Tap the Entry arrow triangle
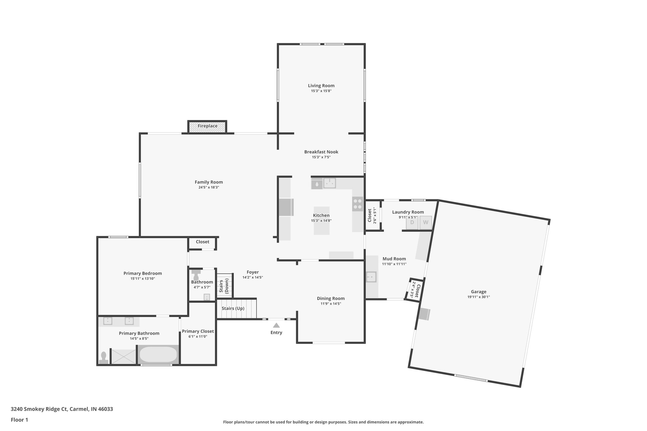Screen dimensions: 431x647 (276, 325)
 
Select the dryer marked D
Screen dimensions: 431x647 (412, 222)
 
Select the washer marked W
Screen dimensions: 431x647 (426, 222)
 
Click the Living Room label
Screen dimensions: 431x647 (321, 86)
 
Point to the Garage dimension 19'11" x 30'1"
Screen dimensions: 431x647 (478, 297)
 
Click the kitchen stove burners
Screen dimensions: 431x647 (358, 204)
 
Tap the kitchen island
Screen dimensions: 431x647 (321, 220)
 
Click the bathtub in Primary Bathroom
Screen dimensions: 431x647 (158, 355)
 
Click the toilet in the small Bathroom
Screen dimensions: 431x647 (196, 275)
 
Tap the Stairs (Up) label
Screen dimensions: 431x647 (233, 308)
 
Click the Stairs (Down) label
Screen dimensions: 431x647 (224, 286)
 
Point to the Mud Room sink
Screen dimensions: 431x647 (371, 277)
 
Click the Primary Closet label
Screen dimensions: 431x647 (198, 331)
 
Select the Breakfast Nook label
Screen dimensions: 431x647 (321, 152)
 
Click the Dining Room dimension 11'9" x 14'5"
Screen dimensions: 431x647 (331, 304)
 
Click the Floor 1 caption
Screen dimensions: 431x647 (19, 420)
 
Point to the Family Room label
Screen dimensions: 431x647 (209, 182)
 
